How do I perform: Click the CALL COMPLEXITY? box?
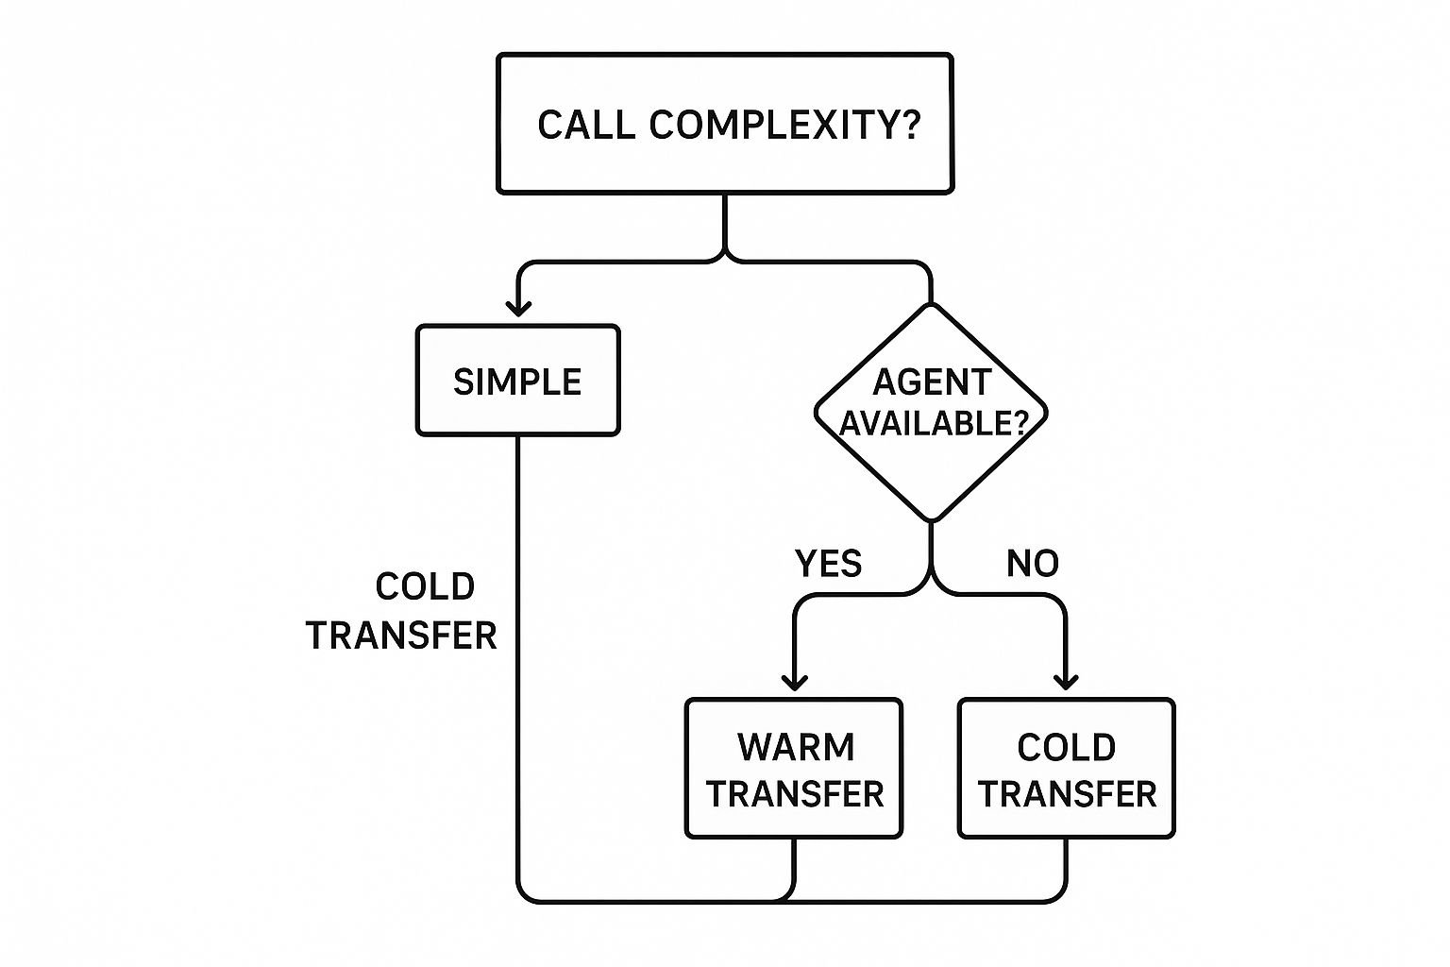[x=725, y=124]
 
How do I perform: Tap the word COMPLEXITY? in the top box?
[x=784, y=125]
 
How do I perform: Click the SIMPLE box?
[x=517, y=381]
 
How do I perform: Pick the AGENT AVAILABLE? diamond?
[x=932, y=413]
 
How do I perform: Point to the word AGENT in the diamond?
[x=932, y=382]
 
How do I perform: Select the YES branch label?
[x=828, y=564]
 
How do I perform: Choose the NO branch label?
[x=1032, y=564]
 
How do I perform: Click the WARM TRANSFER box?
[x=794, y=769]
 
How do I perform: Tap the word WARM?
[x=796, y=747]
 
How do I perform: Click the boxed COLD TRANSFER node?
[x=1067, y=769]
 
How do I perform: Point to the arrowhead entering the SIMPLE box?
[x=518, y=308]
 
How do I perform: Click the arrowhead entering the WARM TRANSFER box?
[x=795, y=682]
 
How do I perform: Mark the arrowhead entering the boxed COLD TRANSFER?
[x=1066, y=682]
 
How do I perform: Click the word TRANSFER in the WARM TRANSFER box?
[x=795, y=794]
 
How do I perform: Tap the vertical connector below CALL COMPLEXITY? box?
[x=725, y=225]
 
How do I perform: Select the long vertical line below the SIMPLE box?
[x=518, y=661]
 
